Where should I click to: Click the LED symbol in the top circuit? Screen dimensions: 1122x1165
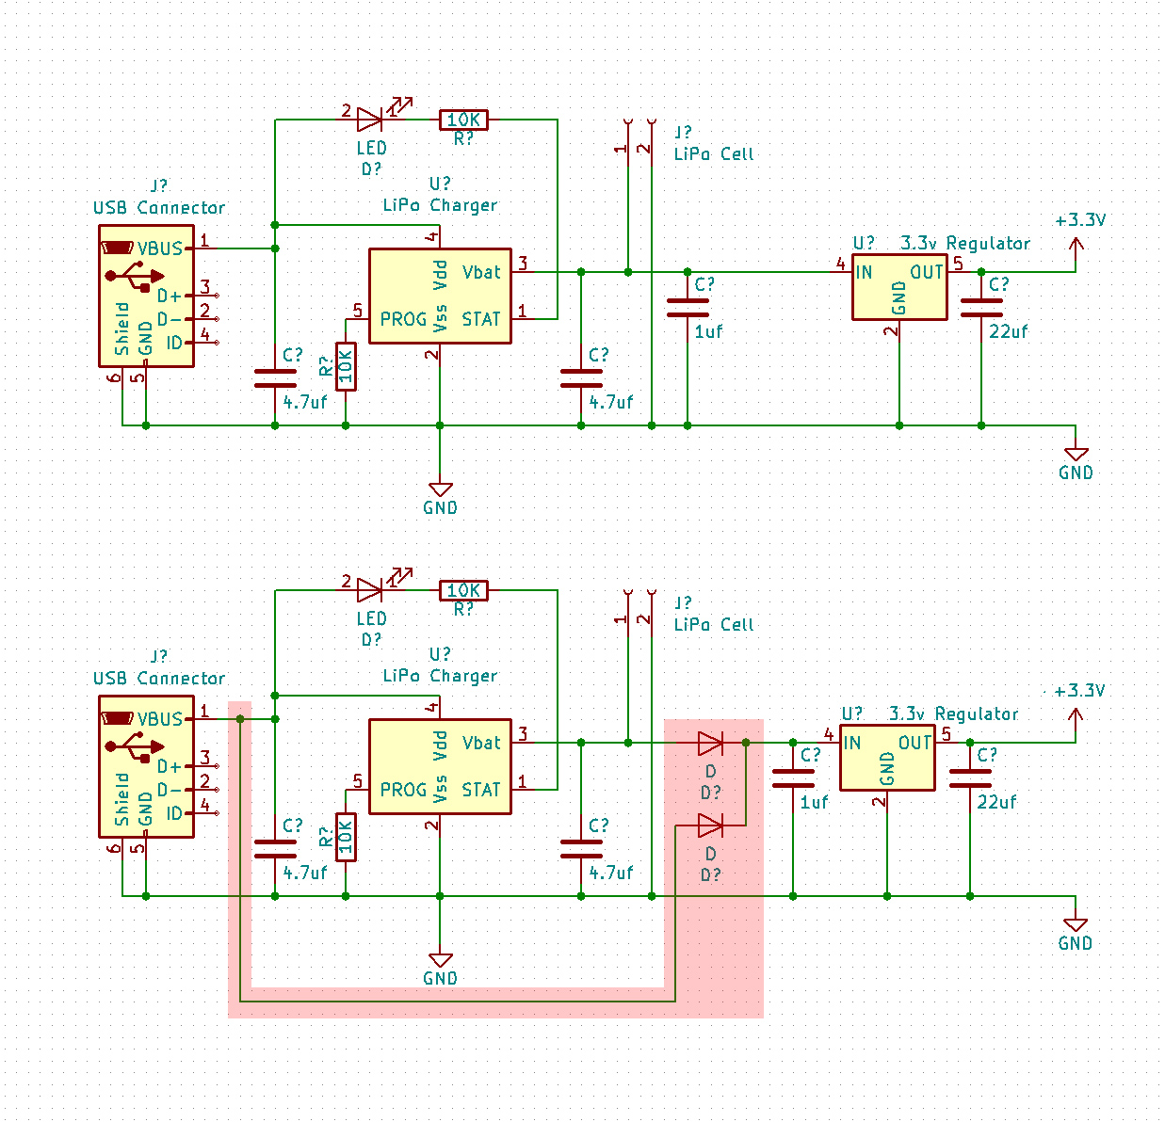370,120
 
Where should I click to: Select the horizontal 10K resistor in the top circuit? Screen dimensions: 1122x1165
463,120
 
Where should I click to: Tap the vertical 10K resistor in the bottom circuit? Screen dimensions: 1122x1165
346,837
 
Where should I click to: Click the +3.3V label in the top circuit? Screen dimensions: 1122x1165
1079,220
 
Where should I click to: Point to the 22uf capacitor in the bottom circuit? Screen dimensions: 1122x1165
970,778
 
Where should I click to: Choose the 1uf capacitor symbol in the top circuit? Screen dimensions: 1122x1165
688,308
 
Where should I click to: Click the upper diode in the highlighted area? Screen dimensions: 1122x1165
710,743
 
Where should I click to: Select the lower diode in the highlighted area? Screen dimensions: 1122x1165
710,825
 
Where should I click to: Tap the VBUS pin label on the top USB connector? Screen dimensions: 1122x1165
160,248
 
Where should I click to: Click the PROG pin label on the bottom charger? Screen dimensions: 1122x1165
403,790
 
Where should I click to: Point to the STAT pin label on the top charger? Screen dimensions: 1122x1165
481,319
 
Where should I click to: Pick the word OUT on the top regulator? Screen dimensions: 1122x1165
927,272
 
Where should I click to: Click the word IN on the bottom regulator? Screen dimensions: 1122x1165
852,743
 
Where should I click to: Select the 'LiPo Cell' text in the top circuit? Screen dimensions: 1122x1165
714,153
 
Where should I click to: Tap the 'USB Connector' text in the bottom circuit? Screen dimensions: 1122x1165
159,678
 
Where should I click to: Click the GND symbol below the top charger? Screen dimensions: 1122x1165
440,490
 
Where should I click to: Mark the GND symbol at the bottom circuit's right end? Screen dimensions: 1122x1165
1076,926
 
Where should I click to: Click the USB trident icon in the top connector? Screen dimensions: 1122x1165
132,276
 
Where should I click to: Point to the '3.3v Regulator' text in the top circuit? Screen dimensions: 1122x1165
965,243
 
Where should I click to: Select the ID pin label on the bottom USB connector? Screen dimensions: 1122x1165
174,813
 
